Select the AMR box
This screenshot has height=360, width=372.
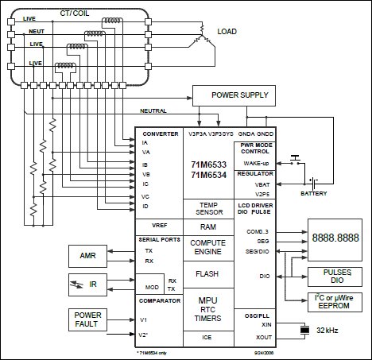[87, 255]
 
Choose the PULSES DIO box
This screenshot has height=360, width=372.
[331, 276]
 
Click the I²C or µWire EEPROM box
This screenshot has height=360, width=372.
[331, 303]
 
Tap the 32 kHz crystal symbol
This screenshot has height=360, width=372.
[304, 330]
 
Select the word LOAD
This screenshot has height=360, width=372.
[228, 32]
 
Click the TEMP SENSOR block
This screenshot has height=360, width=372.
[210, 208]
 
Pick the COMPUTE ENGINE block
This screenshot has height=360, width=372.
[210, 247]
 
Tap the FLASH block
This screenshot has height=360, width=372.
[210, 273]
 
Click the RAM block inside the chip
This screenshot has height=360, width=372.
[210, 226]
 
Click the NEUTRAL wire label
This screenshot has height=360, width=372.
[154, 110]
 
